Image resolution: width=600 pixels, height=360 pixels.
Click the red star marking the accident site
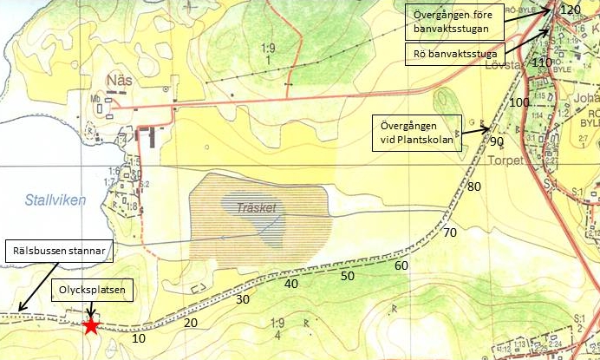tap(90, 326)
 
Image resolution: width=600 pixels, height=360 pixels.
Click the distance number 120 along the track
tap(570, 10)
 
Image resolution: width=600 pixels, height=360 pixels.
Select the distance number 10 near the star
tap(138, 338)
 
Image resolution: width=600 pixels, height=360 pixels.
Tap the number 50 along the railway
tap(347, 276)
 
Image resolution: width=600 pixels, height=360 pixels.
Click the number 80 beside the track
tap(474, 187)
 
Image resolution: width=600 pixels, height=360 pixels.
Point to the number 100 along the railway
tap(519, 102)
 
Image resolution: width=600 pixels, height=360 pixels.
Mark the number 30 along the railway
tap(242, 299)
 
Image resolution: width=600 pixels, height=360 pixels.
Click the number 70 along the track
tap(449, 232)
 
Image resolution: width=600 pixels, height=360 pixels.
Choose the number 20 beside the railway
tap(191, 323)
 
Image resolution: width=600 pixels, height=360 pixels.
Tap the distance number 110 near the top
tap(542, 62)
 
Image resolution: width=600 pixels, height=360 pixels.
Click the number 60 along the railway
tap(401, 265)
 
